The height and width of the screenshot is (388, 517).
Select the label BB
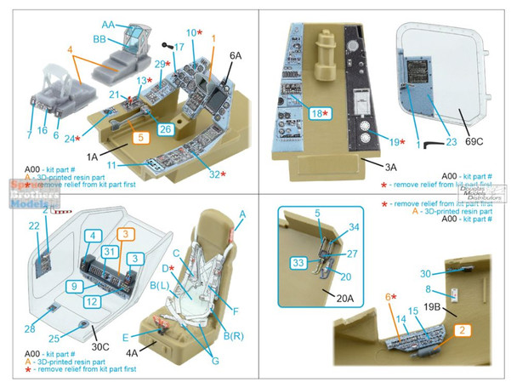(x=100, y=39)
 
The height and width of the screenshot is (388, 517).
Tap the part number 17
(x=178, y=46)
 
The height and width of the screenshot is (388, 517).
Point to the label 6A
(x=235, y=56)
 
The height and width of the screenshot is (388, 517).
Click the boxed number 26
(x=166, y=129)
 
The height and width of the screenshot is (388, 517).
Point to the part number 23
(x=449, y=144)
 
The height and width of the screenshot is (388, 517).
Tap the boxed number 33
(x=298, y=263)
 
